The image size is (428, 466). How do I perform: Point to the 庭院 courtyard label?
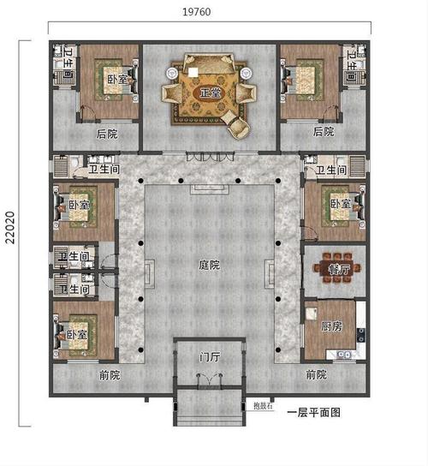pos(209,265)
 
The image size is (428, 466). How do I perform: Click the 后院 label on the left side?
pos(107,133)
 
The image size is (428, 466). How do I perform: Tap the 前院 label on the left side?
pos(109,374)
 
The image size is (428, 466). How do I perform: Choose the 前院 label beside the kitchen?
pos(316,374)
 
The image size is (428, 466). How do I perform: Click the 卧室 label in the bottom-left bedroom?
pos(78,334)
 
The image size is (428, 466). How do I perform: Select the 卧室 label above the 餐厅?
pos(340,205)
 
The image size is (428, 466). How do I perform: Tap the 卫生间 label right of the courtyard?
pos(330,170)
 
